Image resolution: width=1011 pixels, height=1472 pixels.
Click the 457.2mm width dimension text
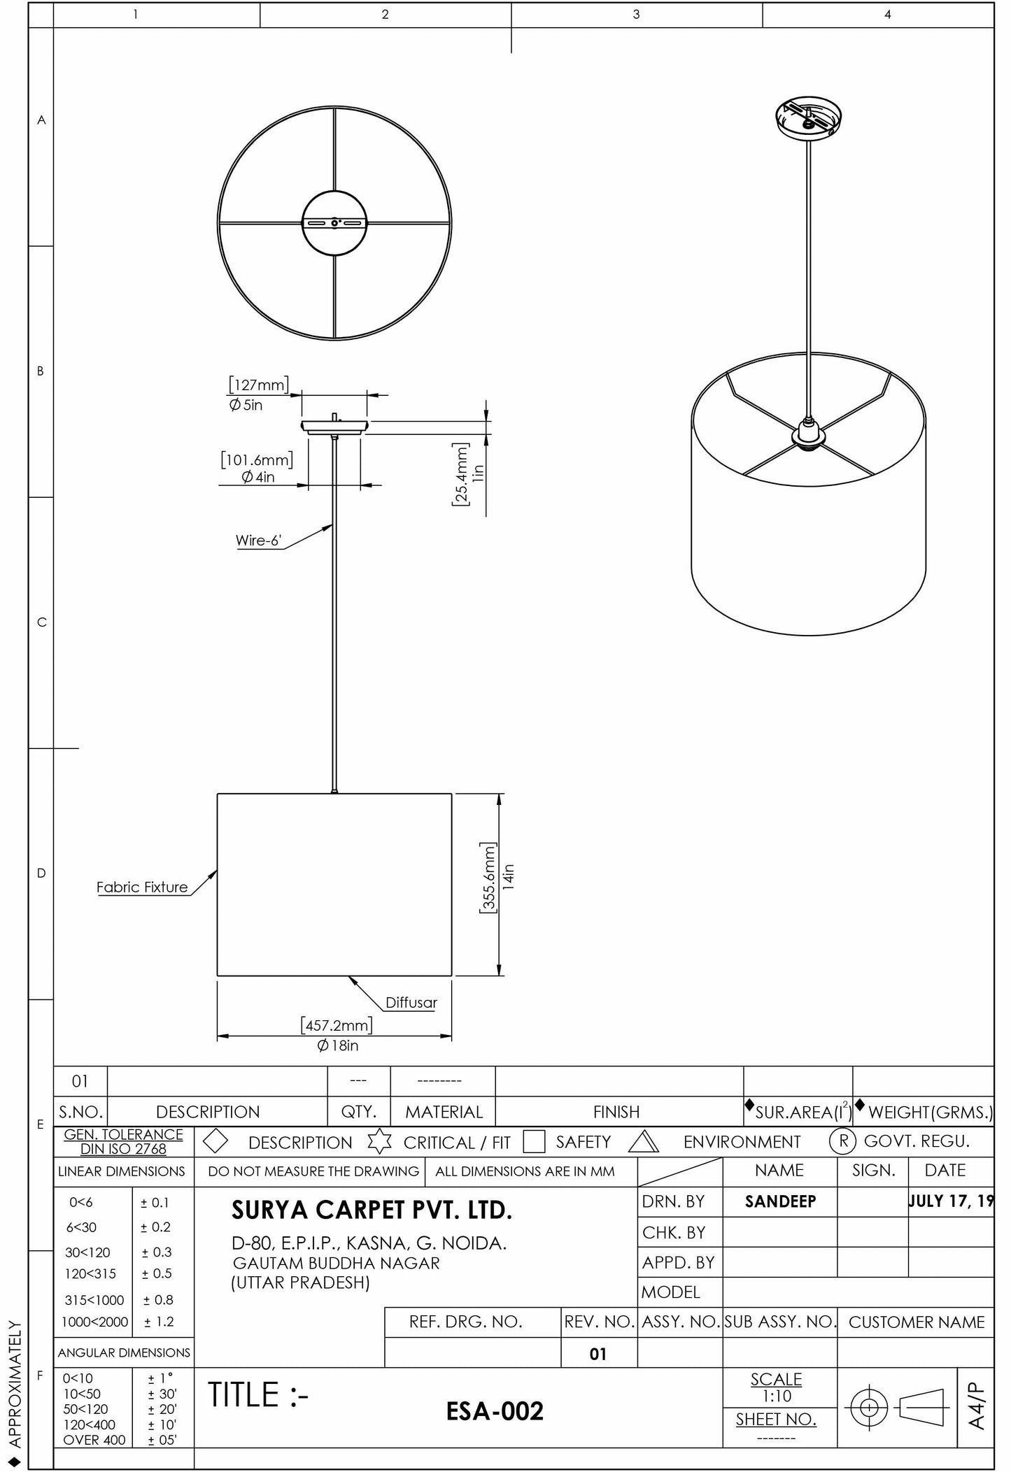(337, 1025)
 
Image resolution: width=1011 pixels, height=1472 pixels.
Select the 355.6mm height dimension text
(488, 878)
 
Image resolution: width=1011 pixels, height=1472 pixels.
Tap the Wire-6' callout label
(258, 541)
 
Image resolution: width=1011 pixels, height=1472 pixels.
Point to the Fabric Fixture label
(142, 887)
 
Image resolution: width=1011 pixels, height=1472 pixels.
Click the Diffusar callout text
(411, 1002)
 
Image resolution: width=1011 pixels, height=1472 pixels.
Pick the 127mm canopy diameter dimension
(258, 385)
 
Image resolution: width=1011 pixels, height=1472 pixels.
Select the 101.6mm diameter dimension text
(257, 460)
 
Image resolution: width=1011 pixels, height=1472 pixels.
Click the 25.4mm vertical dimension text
(461, 474)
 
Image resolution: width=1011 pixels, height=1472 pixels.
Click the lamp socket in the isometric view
(808, 434)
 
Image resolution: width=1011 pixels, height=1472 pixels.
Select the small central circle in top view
(334, 223)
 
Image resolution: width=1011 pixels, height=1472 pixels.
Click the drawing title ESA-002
(495, 1411)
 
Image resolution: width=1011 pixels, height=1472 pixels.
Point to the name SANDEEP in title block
(780, 1201)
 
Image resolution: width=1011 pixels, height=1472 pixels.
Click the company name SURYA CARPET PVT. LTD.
(372, 1210)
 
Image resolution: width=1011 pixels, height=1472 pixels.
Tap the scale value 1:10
(777, 1396)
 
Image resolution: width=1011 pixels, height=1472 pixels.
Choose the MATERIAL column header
(444, 1112)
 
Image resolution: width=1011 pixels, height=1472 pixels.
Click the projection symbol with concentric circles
(868, 1407)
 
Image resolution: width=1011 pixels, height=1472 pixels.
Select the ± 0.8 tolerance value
(157, 1300)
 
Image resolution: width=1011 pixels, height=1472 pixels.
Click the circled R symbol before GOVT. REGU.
(843, 1141)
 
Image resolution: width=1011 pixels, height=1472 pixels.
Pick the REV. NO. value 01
(598, 1354)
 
